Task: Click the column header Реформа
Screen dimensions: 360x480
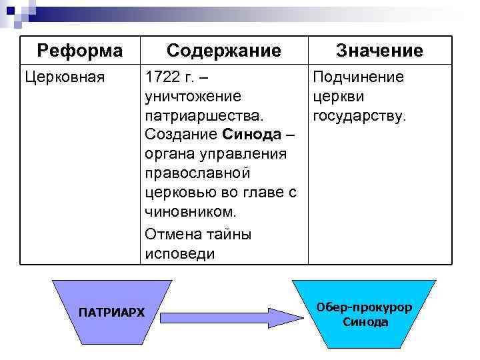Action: (x=80, y=50)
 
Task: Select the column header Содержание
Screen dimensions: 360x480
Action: (x=223, y=50)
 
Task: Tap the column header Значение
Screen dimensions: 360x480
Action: (x=379, y=51)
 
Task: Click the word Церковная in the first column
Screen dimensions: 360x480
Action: (x=65, y=77)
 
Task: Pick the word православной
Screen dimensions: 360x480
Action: (x=197, y=173)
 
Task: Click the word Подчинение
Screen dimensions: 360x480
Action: (x=358, y=77)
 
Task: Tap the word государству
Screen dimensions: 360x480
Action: (x=359, y=116)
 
